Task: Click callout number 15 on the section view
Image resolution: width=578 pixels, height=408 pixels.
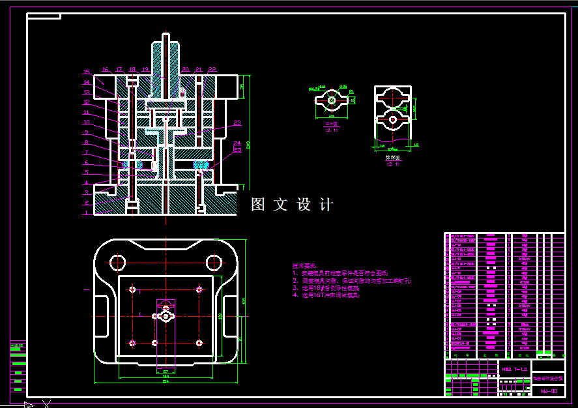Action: click(x=86, y=72)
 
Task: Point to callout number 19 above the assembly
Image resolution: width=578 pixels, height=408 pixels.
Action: click(x=145, y=69)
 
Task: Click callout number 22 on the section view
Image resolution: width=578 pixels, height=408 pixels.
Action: click(x=212, y=69)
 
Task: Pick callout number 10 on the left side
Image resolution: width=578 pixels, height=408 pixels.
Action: click(x=86, y=122)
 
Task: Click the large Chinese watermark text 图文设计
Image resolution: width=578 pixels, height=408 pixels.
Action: click(x=293, y=205)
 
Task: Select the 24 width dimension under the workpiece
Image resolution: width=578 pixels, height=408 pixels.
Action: click(x=332, y=116)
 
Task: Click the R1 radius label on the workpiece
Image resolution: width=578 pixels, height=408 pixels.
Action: click(x=351, y=92)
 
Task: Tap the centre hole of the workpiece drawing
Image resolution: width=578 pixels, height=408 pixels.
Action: click(x=332, y=100)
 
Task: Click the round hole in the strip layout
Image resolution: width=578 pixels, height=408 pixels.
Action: click(x=392, y=119)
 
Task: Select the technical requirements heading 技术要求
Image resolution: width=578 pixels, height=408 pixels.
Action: click(x=304, y=266)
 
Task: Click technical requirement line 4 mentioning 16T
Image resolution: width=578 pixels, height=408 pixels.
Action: click(x=326, y=295)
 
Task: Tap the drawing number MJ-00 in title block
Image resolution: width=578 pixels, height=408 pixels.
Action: click(x=549, y=391)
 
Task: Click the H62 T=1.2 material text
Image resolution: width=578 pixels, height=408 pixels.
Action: click(x=514, y=369)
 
